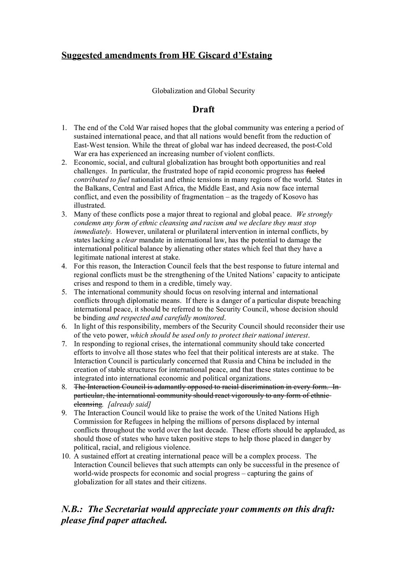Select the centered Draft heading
point(203,110)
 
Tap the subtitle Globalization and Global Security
point(203,91)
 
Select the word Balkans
point(97,188)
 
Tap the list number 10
point(65,456)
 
